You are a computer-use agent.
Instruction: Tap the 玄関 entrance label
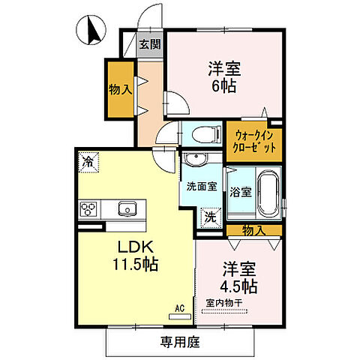[150, 44]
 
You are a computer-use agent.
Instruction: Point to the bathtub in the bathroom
[268, 193]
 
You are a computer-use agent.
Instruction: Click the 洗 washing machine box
[213, 217]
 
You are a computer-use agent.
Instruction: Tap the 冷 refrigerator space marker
[89, 160]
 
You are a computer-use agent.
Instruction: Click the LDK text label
[135, 248]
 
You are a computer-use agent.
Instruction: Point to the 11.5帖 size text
[135, 265]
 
